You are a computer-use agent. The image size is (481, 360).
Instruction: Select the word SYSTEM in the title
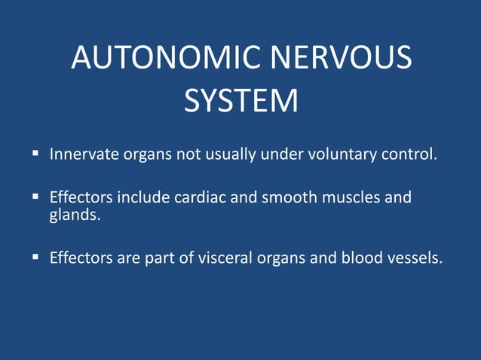pos(240,102)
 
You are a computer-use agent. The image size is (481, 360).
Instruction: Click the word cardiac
pos(198,199)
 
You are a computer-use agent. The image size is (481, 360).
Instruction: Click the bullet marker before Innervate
pos(35,154)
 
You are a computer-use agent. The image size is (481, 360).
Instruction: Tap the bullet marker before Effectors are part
pos(35,258)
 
